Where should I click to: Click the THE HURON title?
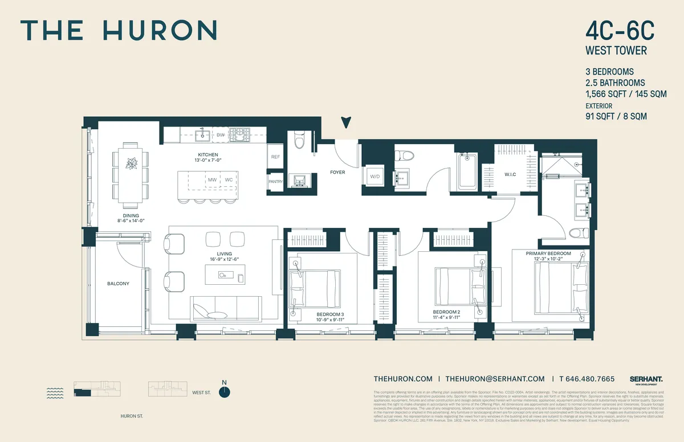(x=119, y=30)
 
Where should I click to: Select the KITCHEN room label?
(x=208, y=155)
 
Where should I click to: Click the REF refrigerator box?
(x=275, y=157)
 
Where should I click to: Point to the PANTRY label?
(x=275, y=182)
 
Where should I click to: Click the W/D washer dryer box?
(x=376, y=177)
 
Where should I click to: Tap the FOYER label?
(x=337, y=172)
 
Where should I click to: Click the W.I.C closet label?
(x=510, y=174)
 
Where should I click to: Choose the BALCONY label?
(x=119, y=284)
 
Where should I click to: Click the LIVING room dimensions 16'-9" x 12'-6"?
(x=220, y=260)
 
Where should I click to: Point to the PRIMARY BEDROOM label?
(x=548, y=253)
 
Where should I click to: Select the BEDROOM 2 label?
(x=446, y=312)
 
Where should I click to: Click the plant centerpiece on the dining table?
(x=131, y=164)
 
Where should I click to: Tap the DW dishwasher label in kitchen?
(x=221, y=135)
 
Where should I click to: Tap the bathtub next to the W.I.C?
(x=467, y=171)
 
